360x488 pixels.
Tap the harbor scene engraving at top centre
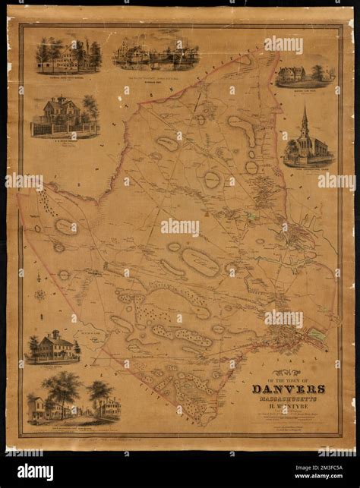(x=156, y=54)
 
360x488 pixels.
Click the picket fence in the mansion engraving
(x=65, y=130)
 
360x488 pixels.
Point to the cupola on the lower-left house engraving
(x=55, y=334)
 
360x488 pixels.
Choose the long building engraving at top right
(x=305, y=74)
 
